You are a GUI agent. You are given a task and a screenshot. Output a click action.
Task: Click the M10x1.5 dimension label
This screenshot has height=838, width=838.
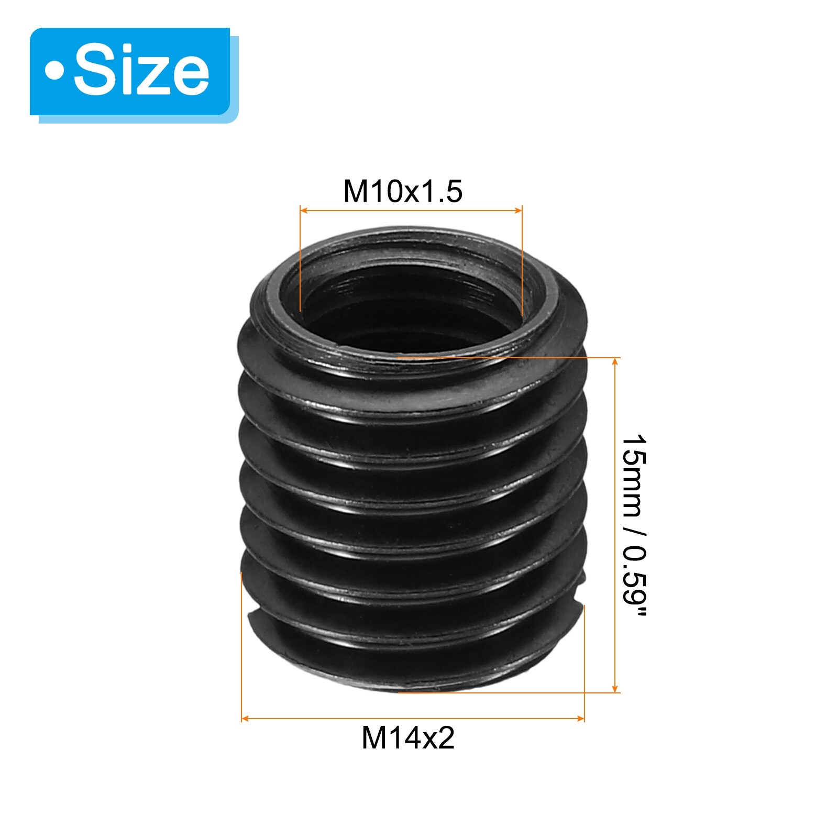click(403, 191)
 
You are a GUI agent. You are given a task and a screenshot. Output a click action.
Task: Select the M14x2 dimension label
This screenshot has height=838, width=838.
click(408, 738)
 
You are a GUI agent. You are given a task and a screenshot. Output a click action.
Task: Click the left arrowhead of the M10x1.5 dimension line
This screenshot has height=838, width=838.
click(303, 211)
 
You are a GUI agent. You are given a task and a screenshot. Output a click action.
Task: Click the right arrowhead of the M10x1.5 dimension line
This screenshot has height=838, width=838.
click(519, 211)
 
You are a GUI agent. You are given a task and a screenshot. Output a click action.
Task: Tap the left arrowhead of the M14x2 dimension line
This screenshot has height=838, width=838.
click(245, 719)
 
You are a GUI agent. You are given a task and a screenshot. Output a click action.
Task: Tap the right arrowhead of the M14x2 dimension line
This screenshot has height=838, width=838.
click(580, 719)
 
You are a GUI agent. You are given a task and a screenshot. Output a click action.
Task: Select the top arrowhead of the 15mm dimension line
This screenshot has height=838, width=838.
click(615, 362)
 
